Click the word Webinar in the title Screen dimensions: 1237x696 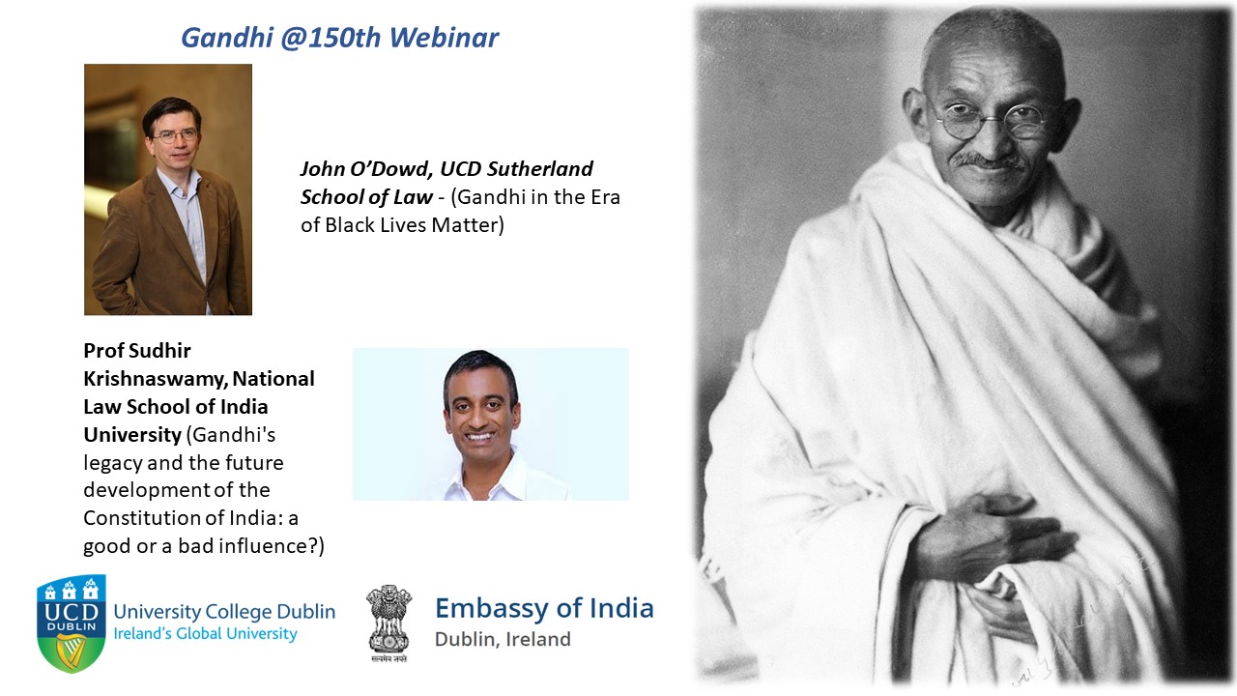click(444, 38)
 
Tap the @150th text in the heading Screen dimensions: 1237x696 click(331, 38)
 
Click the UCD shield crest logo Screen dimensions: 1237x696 click(72, 623)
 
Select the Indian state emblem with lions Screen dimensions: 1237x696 click(388, 622)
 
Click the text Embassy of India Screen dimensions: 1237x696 click(544, 608)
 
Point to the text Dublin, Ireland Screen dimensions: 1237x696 click(503, 639)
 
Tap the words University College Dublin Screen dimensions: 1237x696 click(224, 612)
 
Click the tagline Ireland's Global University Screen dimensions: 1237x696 click(205, 633)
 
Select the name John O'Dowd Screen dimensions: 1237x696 click(366, 168)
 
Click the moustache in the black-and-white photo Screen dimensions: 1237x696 click(989, 160)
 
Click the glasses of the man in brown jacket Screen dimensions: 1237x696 click(176, 135)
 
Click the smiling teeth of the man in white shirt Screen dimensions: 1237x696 click(480, 436)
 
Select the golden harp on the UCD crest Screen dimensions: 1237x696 click(72, 652)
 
